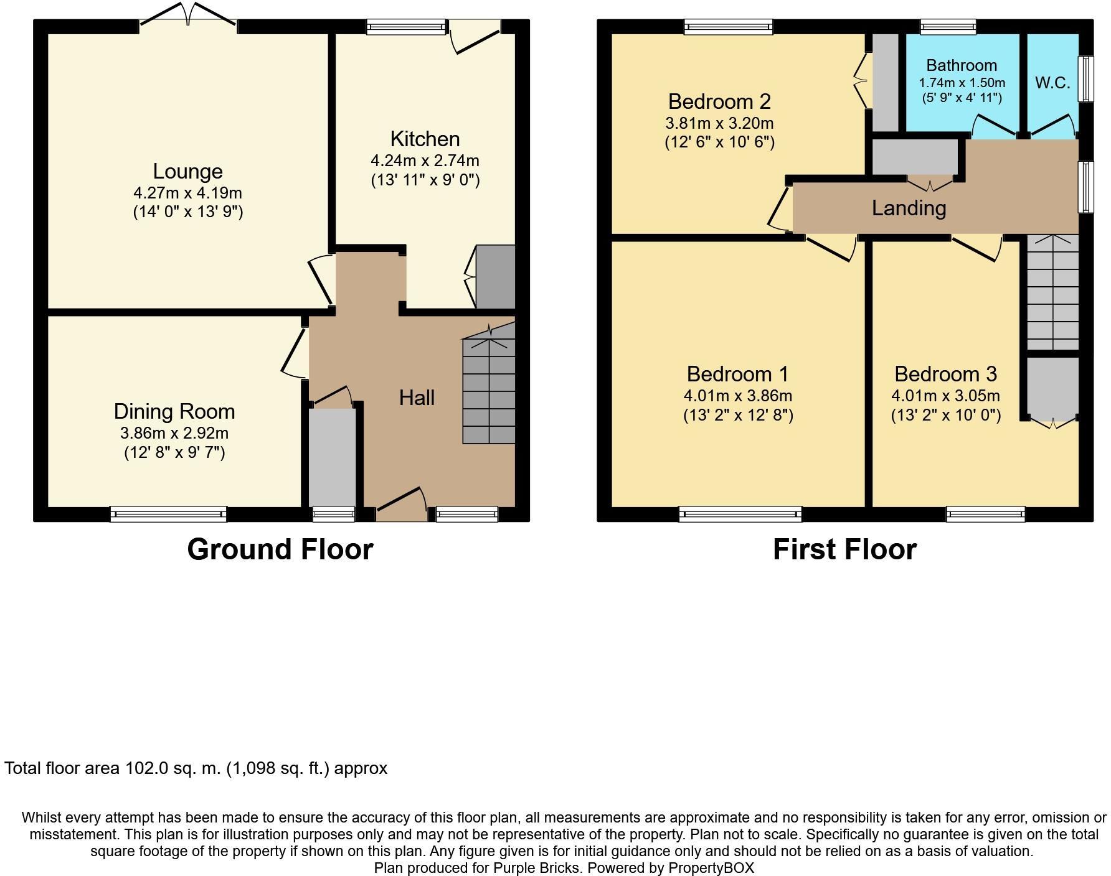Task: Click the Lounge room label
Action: click(187, 171)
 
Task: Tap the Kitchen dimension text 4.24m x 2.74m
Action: click(425, 161)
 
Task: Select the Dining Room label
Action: click(174, 411)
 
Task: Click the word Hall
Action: click(417, 398)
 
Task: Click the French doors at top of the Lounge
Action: click(188, 16)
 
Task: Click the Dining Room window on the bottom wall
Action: click(169, 514)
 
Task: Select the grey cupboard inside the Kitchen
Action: click(495, 277)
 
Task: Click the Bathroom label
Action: click(962, 65)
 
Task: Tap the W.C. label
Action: click(1052, 83)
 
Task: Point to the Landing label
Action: click(909, 208)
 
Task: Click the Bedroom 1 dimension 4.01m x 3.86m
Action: click(737, 396)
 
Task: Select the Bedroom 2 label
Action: click(719, 101)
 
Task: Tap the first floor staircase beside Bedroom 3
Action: click(1052, 292)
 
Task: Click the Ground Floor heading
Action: click(280, 549)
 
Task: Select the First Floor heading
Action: click(844, 549)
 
